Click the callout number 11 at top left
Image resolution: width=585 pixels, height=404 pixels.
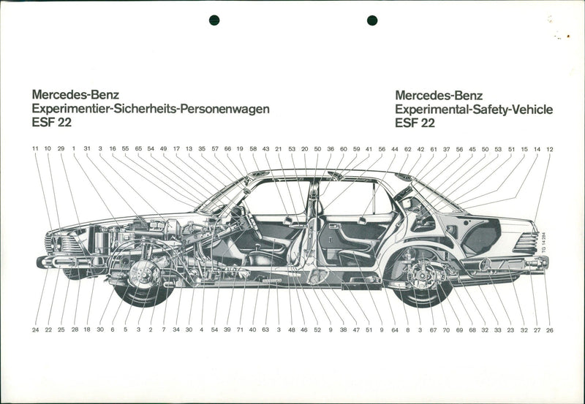pyautogui.click(x=34, y=149)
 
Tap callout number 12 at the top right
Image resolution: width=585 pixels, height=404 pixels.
pyautogui.click(x=549, y=149)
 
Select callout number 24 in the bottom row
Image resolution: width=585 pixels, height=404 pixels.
pyautogui.click(x=35, y=329)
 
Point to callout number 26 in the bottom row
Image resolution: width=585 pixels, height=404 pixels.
pyautogui.click(x=549, y=329)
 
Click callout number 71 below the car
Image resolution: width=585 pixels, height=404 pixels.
pyautogui.click(x=241, y=329)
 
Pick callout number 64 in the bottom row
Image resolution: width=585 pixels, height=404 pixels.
pyautogui.click(x=394, y=329)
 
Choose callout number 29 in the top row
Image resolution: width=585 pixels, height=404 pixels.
pyautogui.click(x=61, y=149)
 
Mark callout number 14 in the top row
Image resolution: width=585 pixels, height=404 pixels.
pyautogui.click(x=537, y=149)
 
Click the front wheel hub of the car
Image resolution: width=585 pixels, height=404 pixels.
pyautogui.click(x=144, y=274)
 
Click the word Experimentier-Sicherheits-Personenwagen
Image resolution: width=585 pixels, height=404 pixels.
pyautogui.click(x=151, y=109)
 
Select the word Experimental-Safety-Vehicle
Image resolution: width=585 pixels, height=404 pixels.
pyautogui.click(x=473, y=109)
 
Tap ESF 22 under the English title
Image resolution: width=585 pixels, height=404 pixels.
pyautogui.click(x=415, y=123)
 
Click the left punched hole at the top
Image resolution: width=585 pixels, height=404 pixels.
pyautogui.click(x=214, y=20)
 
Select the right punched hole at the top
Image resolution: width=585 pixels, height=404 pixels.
pyautogui.click(x=372, y=20)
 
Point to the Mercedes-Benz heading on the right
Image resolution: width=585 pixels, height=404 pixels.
pyautogui.click(x=439, y=95)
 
